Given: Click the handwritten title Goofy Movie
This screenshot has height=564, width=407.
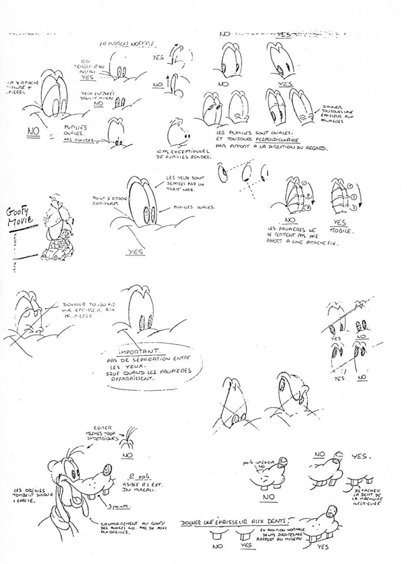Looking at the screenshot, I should (21, 217).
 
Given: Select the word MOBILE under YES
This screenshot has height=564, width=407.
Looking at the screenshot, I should (341, 231).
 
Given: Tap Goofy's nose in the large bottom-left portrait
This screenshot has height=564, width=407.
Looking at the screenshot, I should (108, 470).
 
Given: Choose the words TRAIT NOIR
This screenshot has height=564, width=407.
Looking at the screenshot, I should (178, 191).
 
